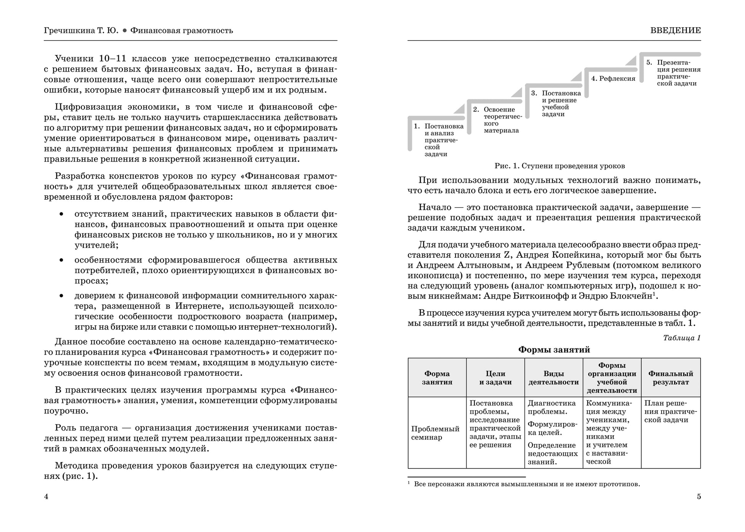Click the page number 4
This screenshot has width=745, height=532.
point(46,497)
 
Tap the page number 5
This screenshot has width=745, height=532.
point(699,497)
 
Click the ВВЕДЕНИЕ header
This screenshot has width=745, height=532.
point(675,31)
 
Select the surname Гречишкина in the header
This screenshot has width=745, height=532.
point(67,31)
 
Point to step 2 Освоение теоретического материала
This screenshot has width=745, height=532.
point(501,120)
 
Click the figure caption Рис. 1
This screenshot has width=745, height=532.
point(559,166)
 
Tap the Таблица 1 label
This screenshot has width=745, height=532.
point(681,338)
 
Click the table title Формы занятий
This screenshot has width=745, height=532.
point(554,350)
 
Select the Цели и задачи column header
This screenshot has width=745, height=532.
point(495,378)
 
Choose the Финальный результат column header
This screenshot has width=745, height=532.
point(671,378)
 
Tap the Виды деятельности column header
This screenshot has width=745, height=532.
point(554,378)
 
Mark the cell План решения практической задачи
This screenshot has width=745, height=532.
point(670,411)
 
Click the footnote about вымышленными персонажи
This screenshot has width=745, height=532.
point(526,485)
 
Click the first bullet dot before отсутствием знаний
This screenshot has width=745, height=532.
point(61,214)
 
